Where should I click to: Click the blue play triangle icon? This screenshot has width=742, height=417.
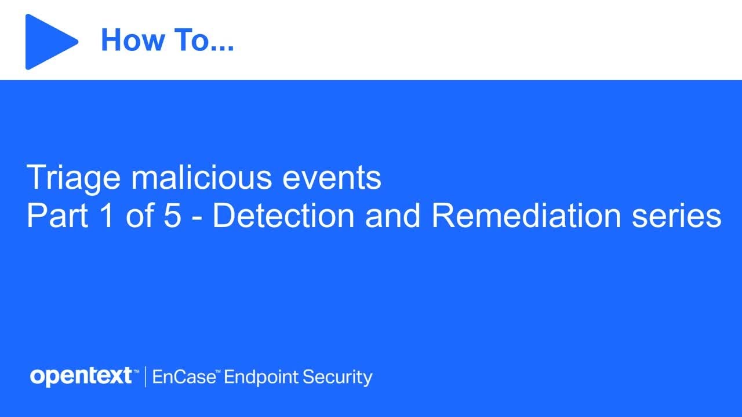click(49, 42)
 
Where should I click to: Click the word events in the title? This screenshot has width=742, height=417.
click(332, 178)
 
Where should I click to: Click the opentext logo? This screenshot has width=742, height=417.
click(81, 377)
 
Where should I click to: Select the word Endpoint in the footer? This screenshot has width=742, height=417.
click(259, 378)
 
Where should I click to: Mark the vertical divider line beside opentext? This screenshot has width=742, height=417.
click(144, 377)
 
